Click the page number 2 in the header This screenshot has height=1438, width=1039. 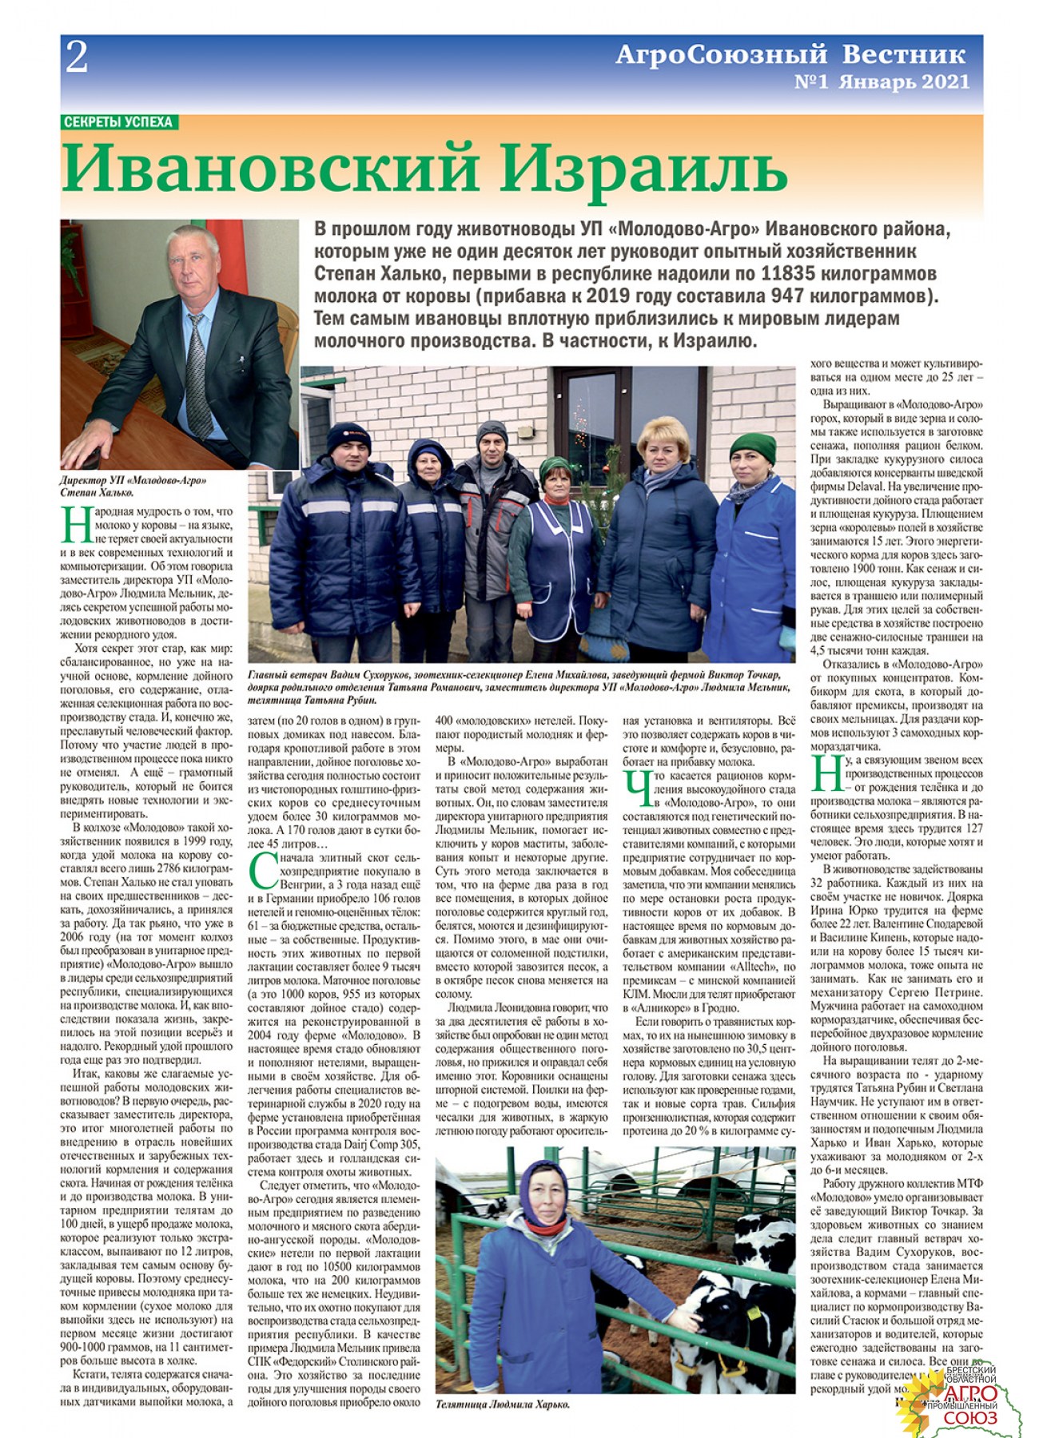tap(77, 58)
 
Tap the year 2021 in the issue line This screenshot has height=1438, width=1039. tap(945, 81)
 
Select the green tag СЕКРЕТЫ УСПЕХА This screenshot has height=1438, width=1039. tap(118, 122)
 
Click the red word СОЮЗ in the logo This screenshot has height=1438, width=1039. tap(970, 1417)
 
